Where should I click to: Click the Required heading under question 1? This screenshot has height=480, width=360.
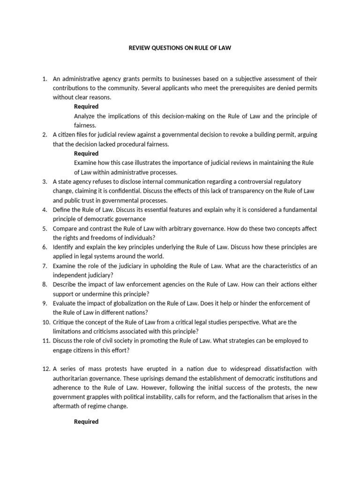point(86,106)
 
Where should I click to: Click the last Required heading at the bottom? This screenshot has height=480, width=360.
point(86,421)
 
